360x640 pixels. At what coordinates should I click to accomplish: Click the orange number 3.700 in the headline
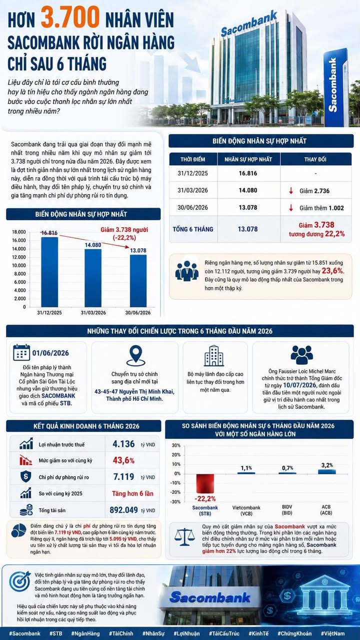click(x=70, y=18)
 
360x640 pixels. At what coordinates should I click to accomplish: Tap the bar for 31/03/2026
click(x=93, y=278)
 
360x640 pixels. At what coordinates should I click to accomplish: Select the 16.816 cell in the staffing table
click(x=248, y=174)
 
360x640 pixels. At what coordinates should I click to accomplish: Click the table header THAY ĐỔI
click(x=315, y=160)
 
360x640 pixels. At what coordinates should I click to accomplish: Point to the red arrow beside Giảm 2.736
click(x=291, y=191)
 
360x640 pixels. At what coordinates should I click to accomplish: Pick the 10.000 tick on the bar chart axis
click(x=19, y=265)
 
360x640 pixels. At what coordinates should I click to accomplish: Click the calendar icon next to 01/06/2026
click(x=21, y=353)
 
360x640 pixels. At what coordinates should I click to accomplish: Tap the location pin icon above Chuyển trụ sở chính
click(x=135, y=355)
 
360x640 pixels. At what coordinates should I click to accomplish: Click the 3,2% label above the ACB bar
click(x=327, y=465)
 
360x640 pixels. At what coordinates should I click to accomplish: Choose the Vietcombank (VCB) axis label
click(x=246, y=510)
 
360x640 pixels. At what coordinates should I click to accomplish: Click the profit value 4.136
click(x=123, y=444)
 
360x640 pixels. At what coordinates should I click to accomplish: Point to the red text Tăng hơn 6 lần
click(x=133, y=493)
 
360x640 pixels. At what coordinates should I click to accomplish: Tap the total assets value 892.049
click(x=123, y=510)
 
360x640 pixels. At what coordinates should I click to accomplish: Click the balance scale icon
click(x=184, y=537)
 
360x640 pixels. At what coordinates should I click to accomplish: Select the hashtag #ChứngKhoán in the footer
click(x=294, y=633)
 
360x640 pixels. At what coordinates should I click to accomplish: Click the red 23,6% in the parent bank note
click(x=333, y=271)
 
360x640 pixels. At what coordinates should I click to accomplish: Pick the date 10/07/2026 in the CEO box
click(x=299, y=385)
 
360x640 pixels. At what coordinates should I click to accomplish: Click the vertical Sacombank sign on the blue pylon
click(x=332, y=85)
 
